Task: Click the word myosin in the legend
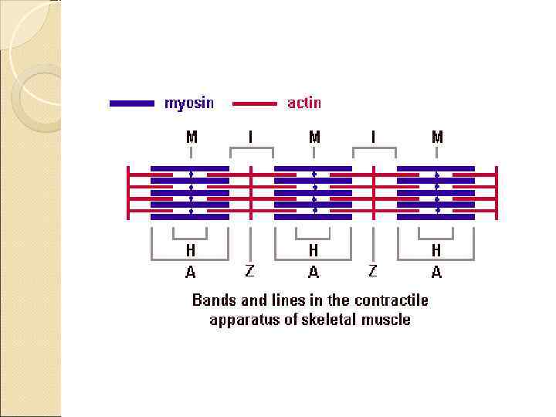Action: pos(189,103)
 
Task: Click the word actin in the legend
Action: pos(304,103)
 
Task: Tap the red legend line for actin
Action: pos(254,103)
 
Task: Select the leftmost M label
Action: pos(191,137)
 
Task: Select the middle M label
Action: pos(314,137)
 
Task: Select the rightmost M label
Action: pos(437,137)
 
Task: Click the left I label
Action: pos(250,137)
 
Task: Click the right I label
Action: pos(374,137)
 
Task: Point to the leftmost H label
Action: pos(190,250)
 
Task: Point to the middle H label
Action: pos(313,250)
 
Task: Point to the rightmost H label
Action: pos(436,250)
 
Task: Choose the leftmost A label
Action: pos(190,272)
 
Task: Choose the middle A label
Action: pos(313,272)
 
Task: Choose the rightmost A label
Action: pos(436,272)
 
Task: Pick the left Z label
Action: pos(249,270)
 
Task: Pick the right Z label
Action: pos(373,270)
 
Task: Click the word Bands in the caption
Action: pos(212,300)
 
